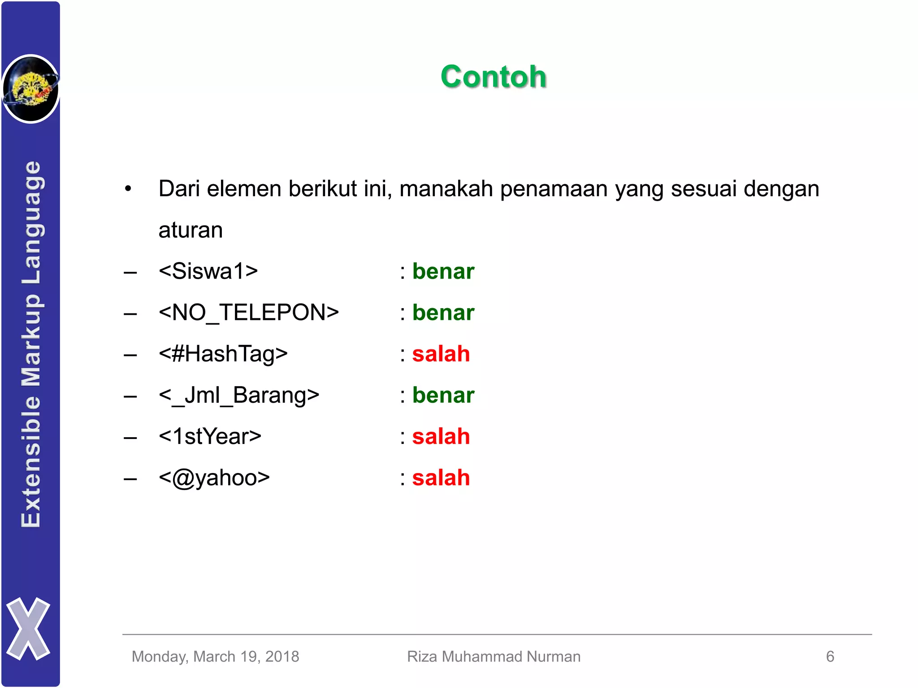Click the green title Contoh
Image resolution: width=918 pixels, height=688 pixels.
(x=494, y=77)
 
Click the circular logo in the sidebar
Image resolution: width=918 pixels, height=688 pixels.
(x=30, y=89)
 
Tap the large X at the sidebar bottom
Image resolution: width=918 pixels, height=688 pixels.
(x=28, y=628)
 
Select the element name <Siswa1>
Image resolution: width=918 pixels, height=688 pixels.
(x=208, y=271)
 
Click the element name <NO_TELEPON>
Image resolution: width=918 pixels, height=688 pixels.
(x=249, y=313)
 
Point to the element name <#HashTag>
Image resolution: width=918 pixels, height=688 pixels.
(x=223, y=354)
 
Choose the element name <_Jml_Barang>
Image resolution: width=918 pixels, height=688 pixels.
(x=239, y=396)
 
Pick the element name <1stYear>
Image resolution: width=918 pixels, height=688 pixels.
(x=210, y=437)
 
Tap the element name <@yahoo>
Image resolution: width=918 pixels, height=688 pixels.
(x=214, y=478)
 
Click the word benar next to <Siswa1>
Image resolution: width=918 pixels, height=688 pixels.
(x=443, y=271)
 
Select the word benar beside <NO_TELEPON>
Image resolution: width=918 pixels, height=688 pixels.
(x=443, y=313)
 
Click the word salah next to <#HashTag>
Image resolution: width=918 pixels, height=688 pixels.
(x=441, y=354)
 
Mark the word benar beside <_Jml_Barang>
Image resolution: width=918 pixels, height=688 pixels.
(x=443, y=396)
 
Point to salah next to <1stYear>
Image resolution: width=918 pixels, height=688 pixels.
(x=441, y=437)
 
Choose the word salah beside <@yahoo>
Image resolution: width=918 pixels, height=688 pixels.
(x=441, y=478)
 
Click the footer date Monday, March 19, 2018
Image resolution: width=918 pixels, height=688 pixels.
(x=215, y=657)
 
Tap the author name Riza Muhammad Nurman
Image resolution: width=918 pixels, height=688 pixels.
(x=494, y=657)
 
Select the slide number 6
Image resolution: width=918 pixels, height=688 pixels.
(x=830, y=657)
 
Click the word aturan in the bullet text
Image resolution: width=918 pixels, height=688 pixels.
(x=191, y=230)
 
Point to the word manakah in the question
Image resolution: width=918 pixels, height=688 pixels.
(x=446, y=189)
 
